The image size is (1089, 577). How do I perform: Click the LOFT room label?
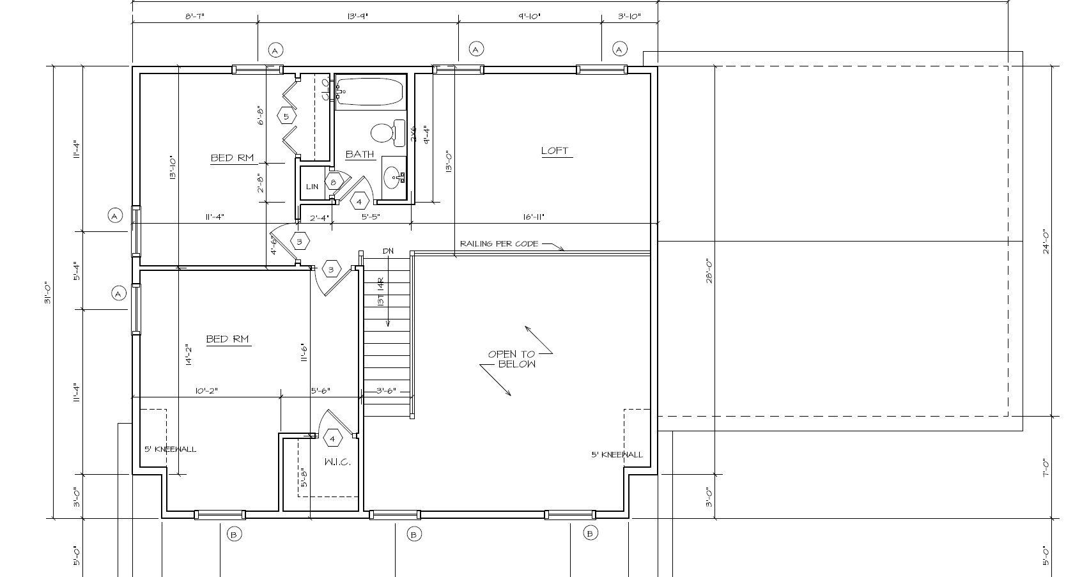pyautogui.click(x=554, y=151)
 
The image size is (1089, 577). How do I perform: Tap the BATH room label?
pyautogui.click(x=359, y=154)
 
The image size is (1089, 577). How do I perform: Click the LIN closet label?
pyautogui.click(x=312, y=187)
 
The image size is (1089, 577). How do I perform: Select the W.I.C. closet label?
pyautogui.click(x=337, y=462)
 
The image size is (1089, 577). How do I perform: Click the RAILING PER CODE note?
pyautogui.click(x=498, y=243)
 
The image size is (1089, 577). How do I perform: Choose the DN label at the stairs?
pyautogui.click(x=388, y=251)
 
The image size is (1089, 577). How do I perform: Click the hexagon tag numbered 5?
pyautogui.click(x=286, y=116)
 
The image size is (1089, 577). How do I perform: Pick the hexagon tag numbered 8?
pyautogui.click(x=333, y=182)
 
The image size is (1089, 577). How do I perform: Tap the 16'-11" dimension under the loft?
pyautogui.click(x=533, y=217)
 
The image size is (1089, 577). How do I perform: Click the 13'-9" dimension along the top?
pyautogui.click(x=357, y=16)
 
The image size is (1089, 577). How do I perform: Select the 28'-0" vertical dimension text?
pyautogui.click(x=709, y=270)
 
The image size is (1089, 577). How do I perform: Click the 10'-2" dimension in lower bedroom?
pyautogui.click(x=206, y=390)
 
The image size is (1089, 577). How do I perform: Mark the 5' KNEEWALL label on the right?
pyautogui.click(x=617, y=454)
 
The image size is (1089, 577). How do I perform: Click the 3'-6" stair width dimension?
pyautogui.click(x=386, y=390)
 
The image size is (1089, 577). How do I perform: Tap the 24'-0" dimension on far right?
pyautogui.click(x=1046, y=242)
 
